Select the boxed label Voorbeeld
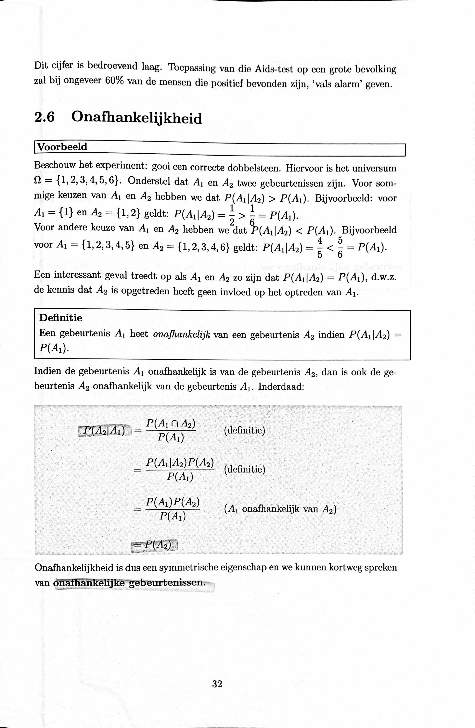point(62,147)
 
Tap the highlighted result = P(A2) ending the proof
point(155,545)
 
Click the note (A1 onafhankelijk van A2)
point(280,509)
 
